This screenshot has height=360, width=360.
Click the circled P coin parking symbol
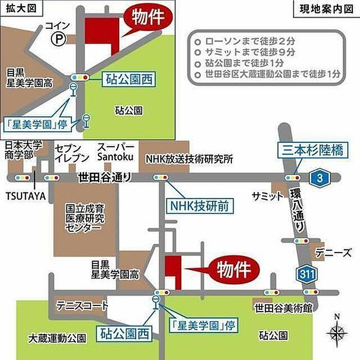[59, 39]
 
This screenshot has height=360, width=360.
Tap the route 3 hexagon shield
[319, 178]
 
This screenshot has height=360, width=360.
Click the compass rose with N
[337, 331]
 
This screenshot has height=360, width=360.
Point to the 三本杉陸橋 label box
[313, 150]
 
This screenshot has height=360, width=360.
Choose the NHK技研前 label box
[200, 206]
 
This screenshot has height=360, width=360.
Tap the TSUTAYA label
[26, 196]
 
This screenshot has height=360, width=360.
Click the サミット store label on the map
[268, 196]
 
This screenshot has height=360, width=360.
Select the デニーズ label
[333, 253]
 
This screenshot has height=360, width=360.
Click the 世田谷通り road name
[105, 177]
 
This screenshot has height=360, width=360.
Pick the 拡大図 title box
[22, 9]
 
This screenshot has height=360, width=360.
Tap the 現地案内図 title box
[326, 9]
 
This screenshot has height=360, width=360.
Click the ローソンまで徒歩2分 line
[250, 41]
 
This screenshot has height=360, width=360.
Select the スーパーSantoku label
[116, 152]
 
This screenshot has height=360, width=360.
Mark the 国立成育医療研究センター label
[85, 218]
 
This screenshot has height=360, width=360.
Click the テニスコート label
[82, 305]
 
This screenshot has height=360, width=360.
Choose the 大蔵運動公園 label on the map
[57, 338]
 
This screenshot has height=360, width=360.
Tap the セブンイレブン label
[71, 153]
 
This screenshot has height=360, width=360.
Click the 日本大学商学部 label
[24, 150]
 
